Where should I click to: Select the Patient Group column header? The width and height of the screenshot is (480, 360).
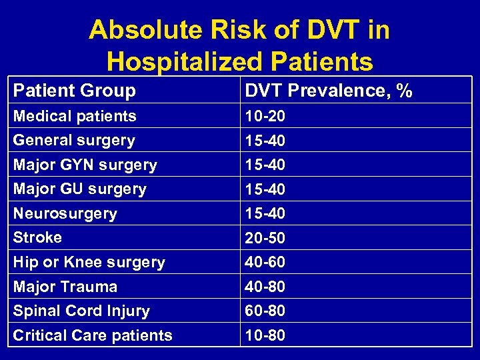(x=75, y=91)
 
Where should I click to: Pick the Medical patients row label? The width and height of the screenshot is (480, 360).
(x=75, y=116)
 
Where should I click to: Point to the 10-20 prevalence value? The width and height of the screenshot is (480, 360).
(x=265, y=116)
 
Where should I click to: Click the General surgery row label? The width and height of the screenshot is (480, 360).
(x=74, y=140)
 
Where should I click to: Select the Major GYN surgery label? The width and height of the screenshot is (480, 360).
(x=85, y=165)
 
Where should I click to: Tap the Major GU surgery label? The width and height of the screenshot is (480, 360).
(x=80, y=189)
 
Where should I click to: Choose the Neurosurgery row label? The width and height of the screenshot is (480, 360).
(x=65, y=213)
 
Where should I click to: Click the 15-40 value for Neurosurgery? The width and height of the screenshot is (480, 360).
(x=265, y=213)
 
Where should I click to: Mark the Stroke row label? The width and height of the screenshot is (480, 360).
(x=38, y=237)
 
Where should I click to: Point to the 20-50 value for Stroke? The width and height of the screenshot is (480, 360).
(x=265, y=238)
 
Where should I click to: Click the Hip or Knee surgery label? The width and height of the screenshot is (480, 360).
(x=89, y=262)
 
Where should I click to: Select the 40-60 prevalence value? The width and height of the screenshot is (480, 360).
(x=265, y=262)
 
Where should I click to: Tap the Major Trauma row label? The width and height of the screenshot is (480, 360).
(x=65, y=287)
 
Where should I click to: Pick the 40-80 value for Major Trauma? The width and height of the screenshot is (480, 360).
(x=265, y=287)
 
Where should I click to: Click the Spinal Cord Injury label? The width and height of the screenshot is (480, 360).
(x=81, y=311)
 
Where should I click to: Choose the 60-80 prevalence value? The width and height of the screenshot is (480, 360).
(x=265, y=311)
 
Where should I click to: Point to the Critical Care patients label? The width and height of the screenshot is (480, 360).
(x=93, y=335)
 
